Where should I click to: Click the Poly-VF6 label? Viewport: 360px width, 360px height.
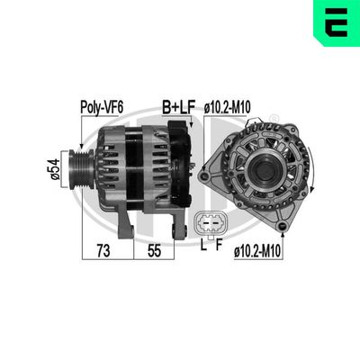pyautogui.click(x=102, y=105)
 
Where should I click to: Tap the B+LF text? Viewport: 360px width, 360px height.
pyautogui.click(x=178, y=105)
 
